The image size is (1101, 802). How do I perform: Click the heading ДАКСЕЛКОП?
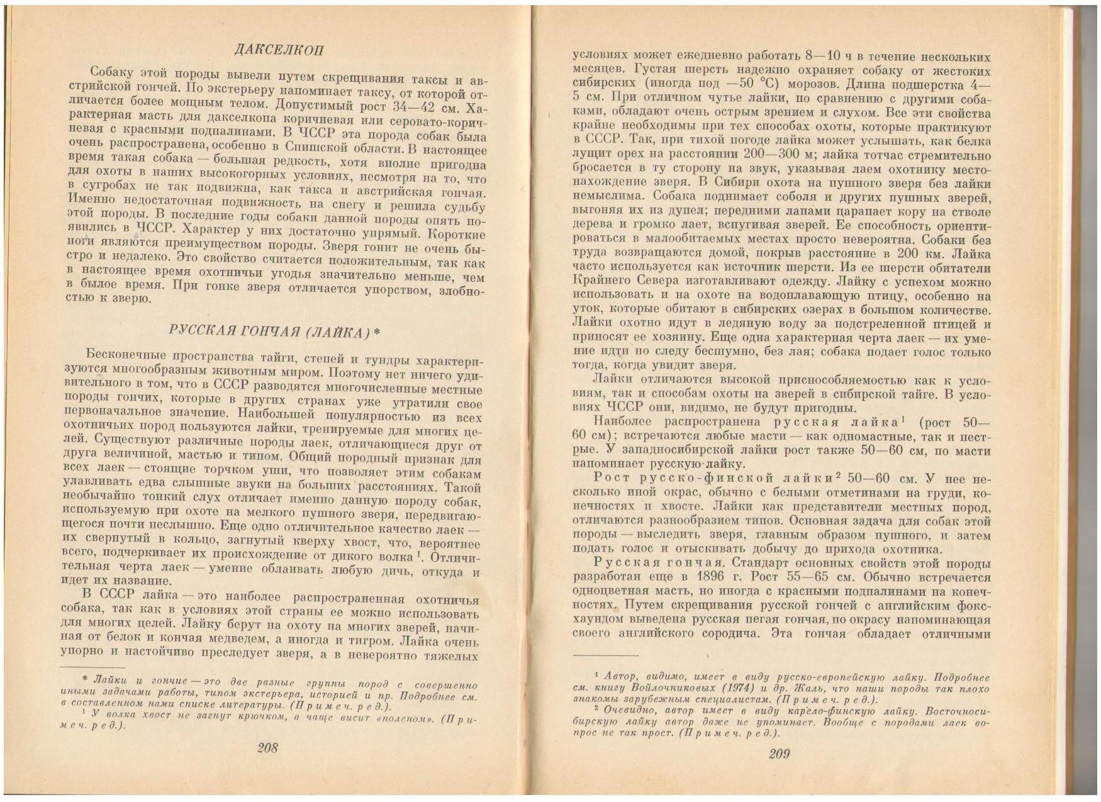[278, 50]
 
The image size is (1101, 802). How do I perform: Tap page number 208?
[267, 748]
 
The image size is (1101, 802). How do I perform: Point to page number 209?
[778, 755]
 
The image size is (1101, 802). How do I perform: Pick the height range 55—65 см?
[836, 577]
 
